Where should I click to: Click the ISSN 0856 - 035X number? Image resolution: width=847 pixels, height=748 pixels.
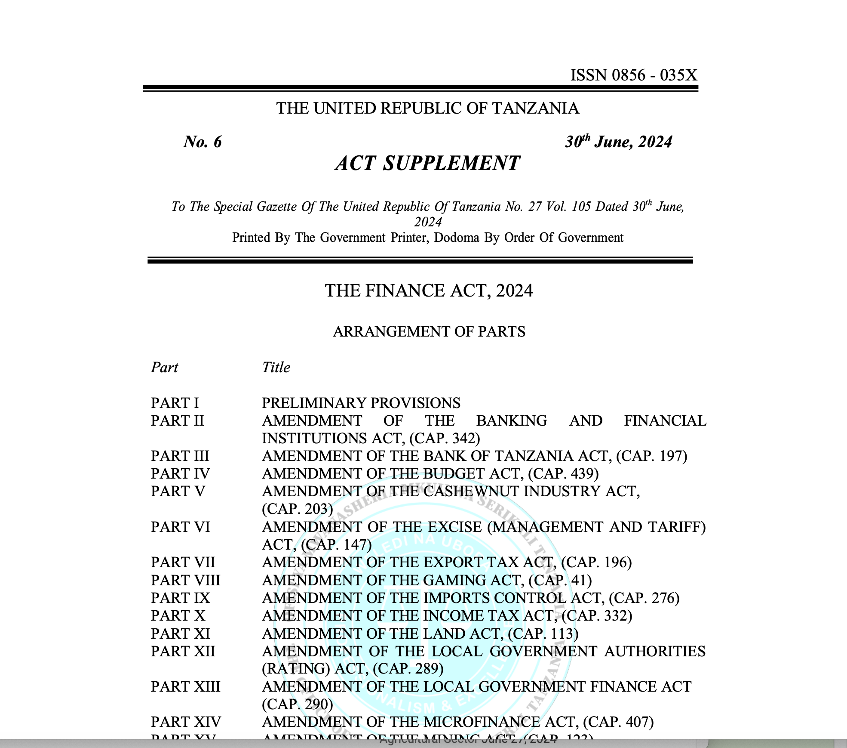[x=633, y=75]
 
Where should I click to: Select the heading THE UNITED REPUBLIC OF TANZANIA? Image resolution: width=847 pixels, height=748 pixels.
[x=427, y=108]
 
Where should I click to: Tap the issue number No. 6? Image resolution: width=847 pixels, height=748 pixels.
[x=202, y=142]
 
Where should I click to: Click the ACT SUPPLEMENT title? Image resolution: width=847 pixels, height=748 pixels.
[x=427, y=164]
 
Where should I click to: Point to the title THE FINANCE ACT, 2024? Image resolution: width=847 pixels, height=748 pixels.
[x=429, y=291]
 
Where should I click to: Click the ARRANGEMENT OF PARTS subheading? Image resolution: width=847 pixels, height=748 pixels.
[x=429, y=332]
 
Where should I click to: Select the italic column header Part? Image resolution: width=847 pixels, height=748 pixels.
[x=164, y=368]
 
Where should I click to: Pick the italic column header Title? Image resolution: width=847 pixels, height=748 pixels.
[x=276, y=368]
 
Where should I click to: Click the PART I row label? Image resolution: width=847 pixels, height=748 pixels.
[x=175, y=403]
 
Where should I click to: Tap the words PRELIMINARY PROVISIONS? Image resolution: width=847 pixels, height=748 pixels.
[x=361, y=403]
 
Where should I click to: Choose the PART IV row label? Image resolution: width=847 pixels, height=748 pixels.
[x=180, y=474]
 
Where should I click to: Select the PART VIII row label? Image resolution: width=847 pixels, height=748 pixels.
[x=185, y=581]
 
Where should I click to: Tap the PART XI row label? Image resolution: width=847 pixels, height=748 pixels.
[x=180, y=634]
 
